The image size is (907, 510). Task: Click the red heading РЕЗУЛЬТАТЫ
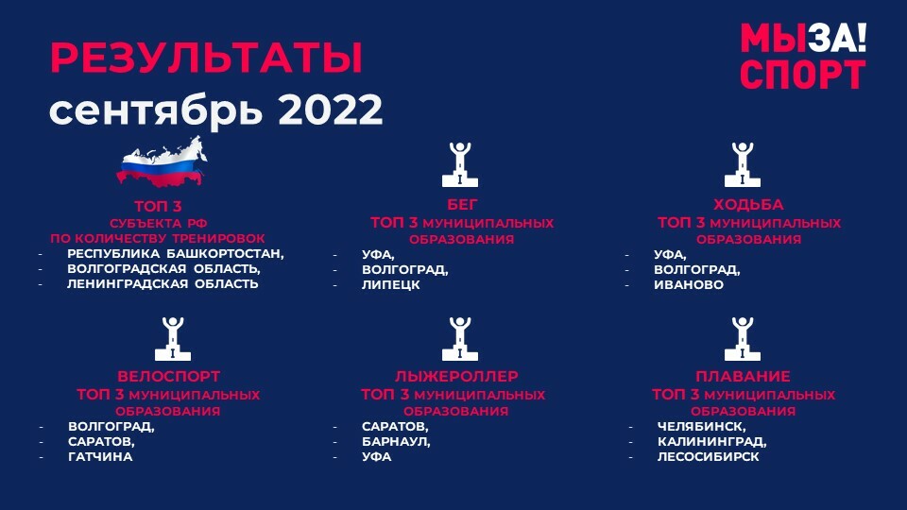[207, 58]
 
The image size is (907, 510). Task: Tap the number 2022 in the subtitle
[331, 110]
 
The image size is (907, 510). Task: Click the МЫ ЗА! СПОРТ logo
[803, 56]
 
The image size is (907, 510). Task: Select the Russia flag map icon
[162, 162]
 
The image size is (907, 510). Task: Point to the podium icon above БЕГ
[460, 164]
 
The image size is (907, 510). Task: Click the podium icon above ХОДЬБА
[743, 164]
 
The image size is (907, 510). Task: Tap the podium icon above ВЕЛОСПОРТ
[172, 339]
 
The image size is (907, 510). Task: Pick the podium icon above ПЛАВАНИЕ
[743, 339]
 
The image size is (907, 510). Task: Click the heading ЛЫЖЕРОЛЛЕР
[456, 377]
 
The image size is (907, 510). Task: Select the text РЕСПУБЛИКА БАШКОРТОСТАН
[175, 254]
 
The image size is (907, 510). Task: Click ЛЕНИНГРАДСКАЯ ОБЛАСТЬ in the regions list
[163, 284]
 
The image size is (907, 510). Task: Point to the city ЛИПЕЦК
[391, 285]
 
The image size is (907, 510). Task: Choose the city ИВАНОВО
[689, 285]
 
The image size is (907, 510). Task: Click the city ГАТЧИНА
[101, 457]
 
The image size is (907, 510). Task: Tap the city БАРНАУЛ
[395, 442]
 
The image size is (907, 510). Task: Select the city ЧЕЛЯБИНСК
[700, 427]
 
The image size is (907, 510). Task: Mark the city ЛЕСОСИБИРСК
[708, 457]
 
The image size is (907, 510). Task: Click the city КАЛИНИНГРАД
[710, 442]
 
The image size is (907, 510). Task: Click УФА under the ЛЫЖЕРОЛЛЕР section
[377, 457]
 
